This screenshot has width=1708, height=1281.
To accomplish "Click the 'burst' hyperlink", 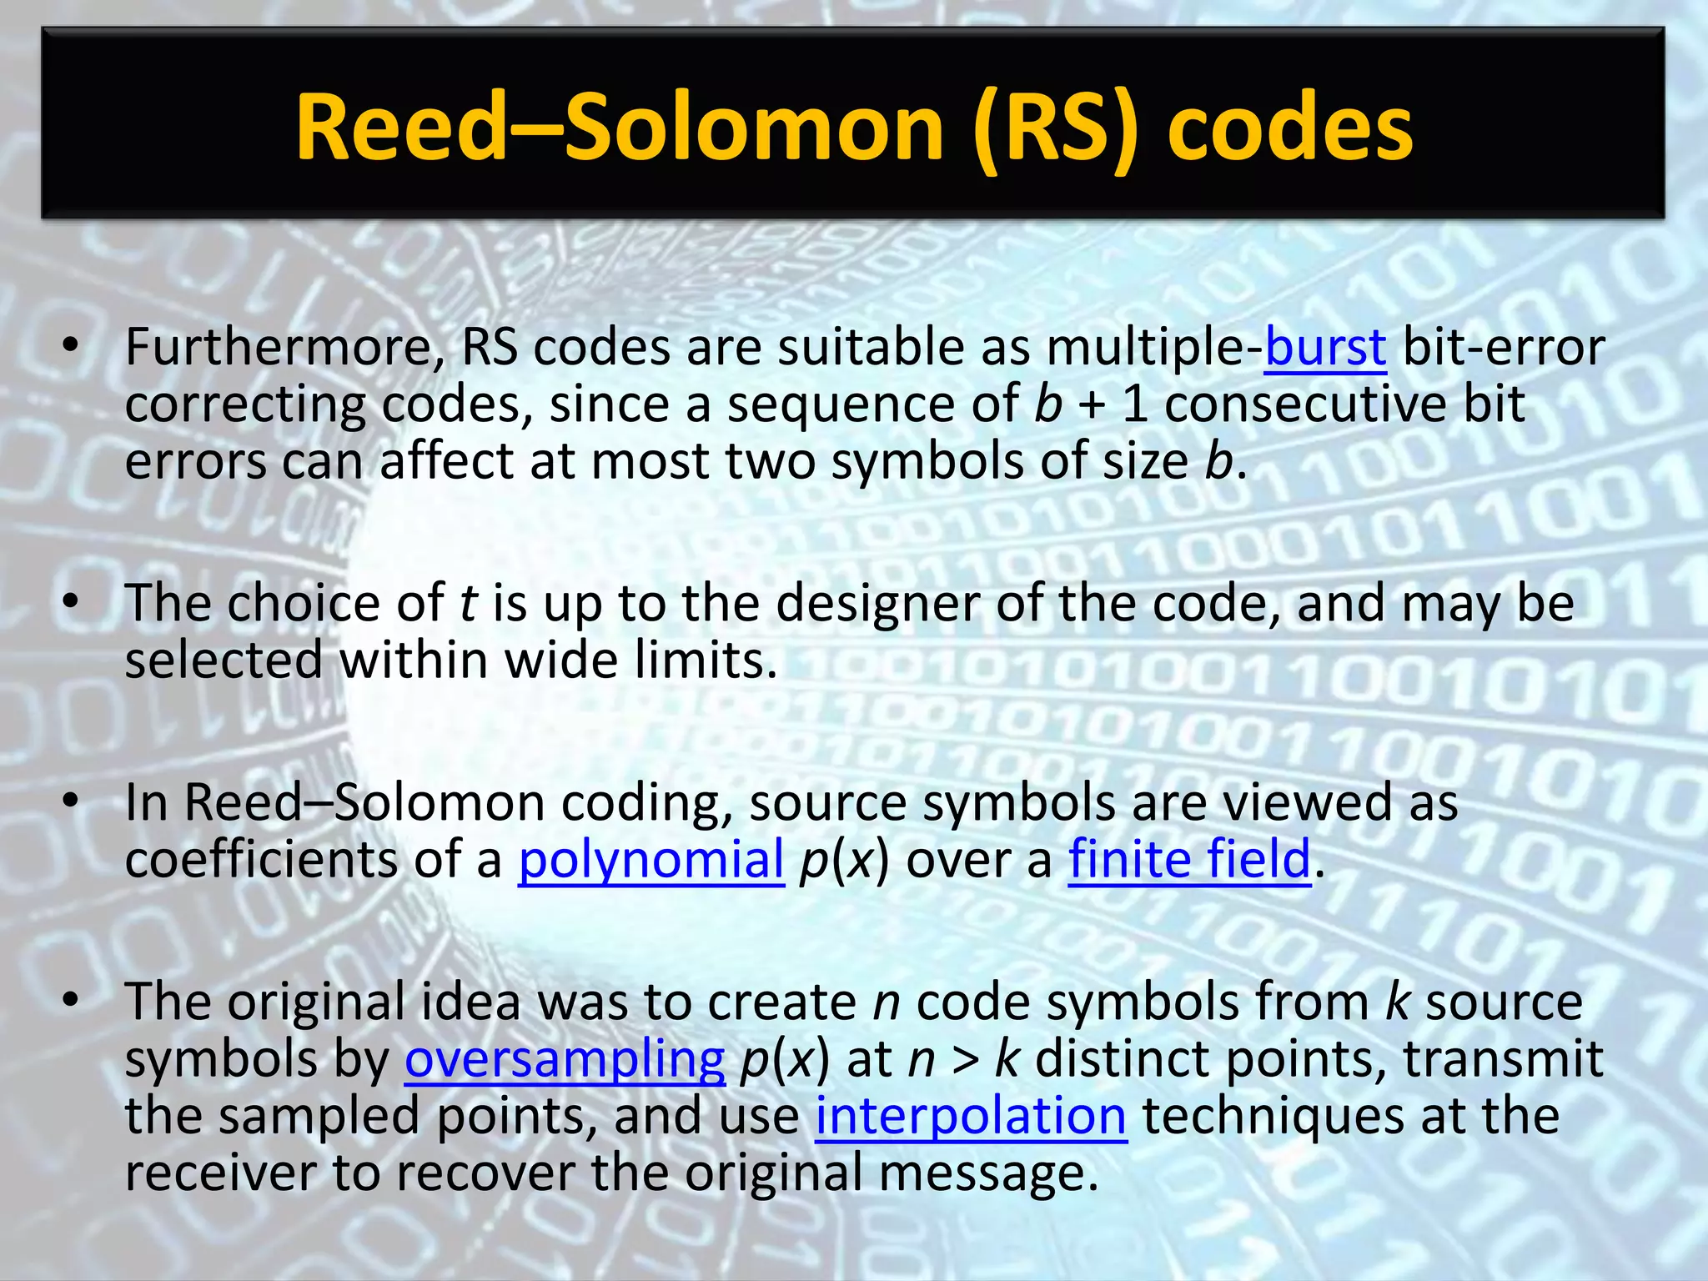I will tap(1325, 347).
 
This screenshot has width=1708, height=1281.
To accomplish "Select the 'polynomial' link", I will tap(651, 859).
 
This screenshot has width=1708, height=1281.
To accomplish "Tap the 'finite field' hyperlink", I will tap(1189, 859).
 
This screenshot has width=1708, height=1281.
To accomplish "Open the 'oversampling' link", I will tap(565, 1059).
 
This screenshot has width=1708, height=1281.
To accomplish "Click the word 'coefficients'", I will tap(260, 859).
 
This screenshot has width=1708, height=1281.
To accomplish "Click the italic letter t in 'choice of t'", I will tap(468, 603).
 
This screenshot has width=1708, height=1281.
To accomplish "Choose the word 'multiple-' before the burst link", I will tap(1154, 347).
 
